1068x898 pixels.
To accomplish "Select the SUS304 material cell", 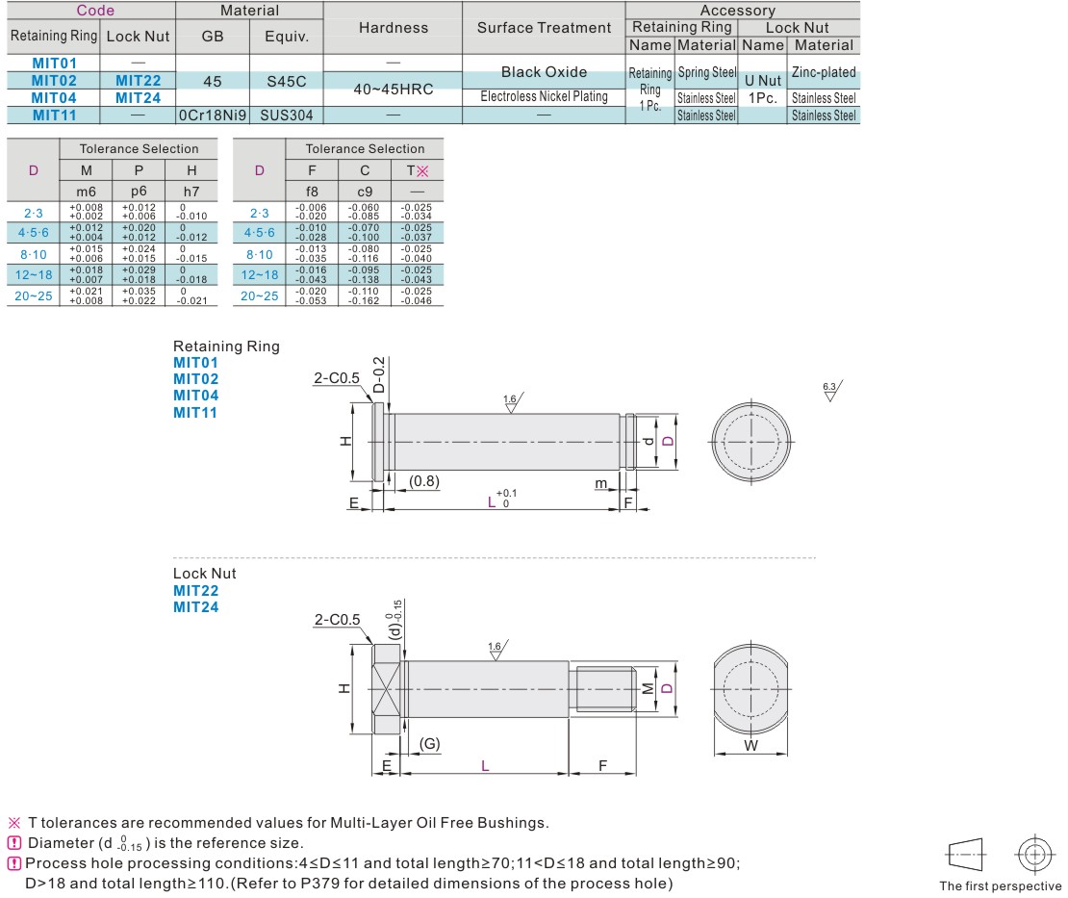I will tap(286, 115).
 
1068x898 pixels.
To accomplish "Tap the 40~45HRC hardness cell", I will tap(393, 89).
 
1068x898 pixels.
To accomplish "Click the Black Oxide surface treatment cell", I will tap(544, 72).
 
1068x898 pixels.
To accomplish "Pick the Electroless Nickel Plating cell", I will tap(544, 96).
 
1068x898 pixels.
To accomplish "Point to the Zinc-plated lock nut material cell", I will tap(823, 72).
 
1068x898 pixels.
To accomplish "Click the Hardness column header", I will tap(393, 28).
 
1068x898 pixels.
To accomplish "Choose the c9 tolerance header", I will tap(365, 191).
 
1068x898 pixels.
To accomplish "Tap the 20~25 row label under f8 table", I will tap(260, 296).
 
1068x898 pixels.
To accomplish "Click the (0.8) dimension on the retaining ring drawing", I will tap(424, 480).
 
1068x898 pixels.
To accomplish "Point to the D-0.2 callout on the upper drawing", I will tap(379, 374).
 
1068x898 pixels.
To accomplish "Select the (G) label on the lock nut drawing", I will tap(430, 743).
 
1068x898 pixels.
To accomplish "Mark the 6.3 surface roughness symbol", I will tap(830, 390).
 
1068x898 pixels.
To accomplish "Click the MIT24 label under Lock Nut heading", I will tap(195, 607).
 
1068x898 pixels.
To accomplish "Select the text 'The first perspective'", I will tap(1001, 886).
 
